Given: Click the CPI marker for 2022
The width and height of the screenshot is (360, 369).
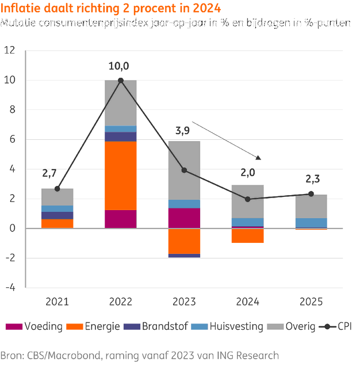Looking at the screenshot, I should [x=121, y=81].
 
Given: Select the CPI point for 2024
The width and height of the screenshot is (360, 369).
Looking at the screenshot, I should [x=247, y=199].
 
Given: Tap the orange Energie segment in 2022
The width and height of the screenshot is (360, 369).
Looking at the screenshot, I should [x=121, y=176].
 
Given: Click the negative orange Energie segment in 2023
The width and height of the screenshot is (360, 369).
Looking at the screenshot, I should [x=184, y=241].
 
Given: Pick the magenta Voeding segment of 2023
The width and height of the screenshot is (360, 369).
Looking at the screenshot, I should [x=184, y=218].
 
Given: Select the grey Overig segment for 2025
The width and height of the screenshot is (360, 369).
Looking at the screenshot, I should [x=311, y=206].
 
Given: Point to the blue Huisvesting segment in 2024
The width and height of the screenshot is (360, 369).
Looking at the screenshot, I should [x=247, y=222].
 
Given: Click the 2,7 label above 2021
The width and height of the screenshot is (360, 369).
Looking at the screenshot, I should [x=51, y=173].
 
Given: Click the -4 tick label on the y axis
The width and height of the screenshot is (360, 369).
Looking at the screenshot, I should [x=10, y=287].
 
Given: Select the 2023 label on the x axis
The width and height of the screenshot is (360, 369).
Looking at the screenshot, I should [x=184, y=301].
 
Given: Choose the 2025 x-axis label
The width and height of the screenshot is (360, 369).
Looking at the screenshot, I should [x=311, y=301].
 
